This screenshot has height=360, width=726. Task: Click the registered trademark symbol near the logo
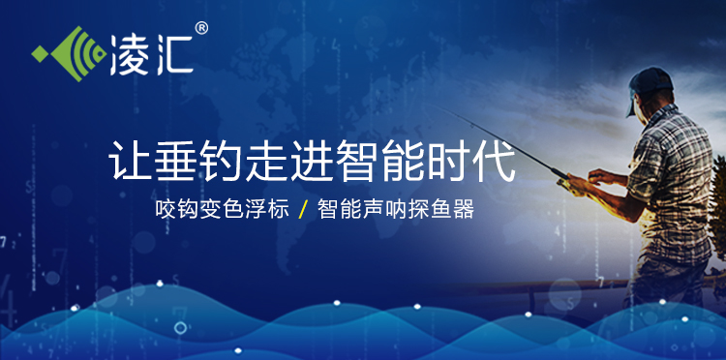(201, 29)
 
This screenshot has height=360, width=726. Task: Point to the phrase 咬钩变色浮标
(222, 209)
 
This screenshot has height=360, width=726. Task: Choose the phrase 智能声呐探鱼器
(395, 209)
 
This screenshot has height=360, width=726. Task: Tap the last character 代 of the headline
(495, 161)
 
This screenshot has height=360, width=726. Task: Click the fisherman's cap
(650, 83)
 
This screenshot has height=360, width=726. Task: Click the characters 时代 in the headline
(472, 161)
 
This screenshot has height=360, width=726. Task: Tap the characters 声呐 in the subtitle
(384, 209)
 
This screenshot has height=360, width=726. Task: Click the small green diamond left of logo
(39, 51)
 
